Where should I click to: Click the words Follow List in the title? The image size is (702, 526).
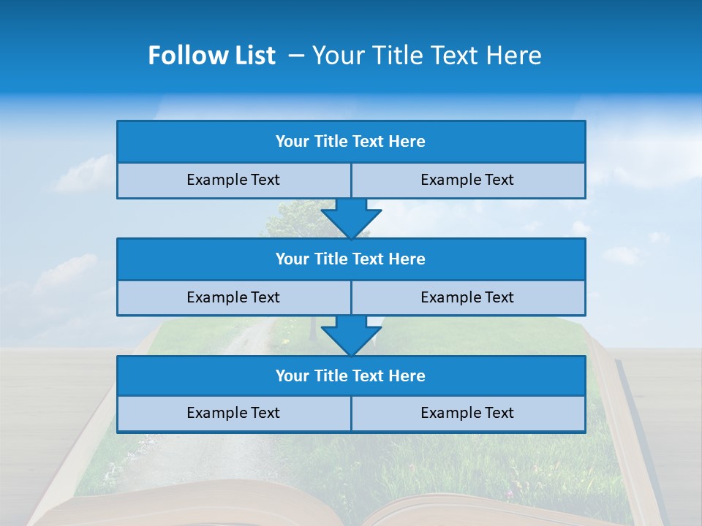tap(211, 56)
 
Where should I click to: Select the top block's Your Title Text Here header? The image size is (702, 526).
tap(350, 142)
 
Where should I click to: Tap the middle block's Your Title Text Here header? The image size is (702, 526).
tap(350, 259)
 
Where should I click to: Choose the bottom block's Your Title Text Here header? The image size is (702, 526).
tap(350, 376)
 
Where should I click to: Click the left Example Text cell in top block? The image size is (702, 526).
tap(233, 180)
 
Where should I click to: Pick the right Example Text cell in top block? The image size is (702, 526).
tap(467, 180)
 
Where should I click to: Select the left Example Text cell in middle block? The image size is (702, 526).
tap(233, 297)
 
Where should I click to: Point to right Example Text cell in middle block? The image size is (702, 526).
tap(467, 297)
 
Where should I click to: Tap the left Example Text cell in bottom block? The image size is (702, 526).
tap(233, 413)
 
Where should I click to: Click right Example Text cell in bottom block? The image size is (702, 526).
tap(467, 413)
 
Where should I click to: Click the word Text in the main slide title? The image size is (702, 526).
tap(457, 56)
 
